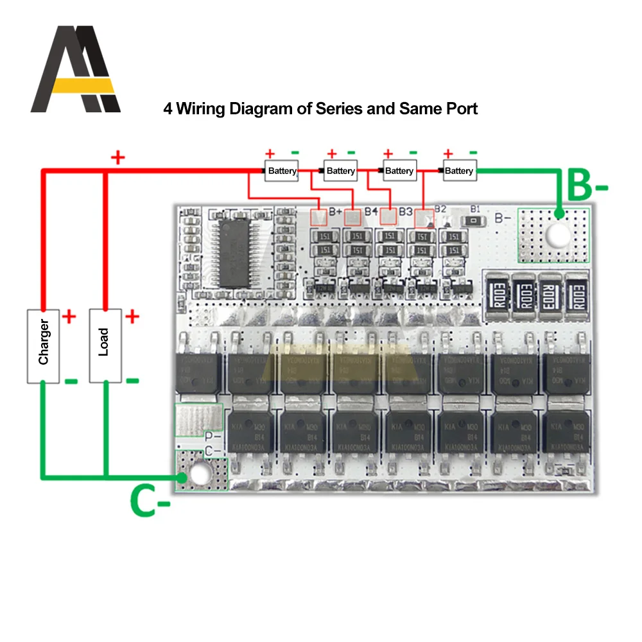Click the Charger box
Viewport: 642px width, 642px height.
43,346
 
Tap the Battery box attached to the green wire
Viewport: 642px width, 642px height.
458,171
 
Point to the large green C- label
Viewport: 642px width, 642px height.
150,501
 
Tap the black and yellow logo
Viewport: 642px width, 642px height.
75,69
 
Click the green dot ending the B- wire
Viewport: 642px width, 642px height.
559,213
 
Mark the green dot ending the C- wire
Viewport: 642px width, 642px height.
184,478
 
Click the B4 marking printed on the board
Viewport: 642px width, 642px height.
370,211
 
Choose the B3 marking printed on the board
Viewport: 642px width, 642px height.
405,211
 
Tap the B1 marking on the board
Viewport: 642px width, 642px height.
475,209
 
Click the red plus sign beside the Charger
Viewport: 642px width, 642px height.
69,316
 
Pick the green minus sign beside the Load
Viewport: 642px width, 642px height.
132,381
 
